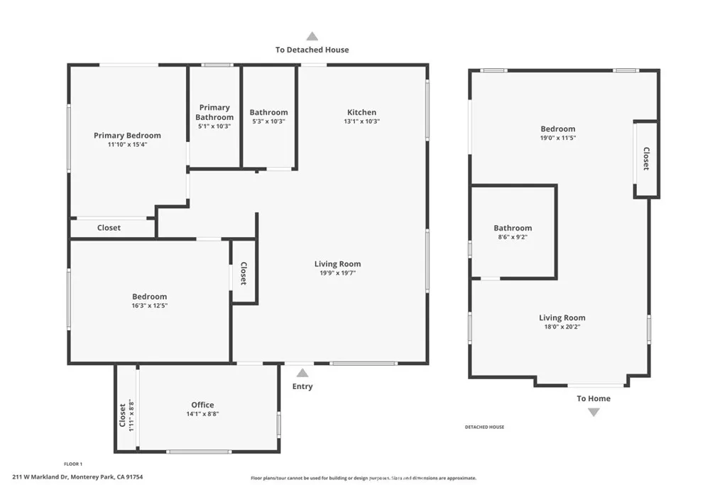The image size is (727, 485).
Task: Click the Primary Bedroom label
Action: [127, 135]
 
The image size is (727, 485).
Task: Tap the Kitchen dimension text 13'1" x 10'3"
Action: [361, 121]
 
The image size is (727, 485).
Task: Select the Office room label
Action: [202, 405]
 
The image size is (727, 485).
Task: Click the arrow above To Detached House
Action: [312, 36]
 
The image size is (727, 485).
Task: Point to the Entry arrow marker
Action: [302, 373]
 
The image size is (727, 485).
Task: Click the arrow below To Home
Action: [594, 412]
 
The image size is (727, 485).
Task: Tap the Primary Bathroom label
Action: [214, 112]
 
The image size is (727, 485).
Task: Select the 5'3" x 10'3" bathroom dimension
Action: [268, 121]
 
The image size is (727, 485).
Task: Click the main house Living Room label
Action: [337, 264]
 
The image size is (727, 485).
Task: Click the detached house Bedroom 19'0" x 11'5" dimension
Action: [557, 138]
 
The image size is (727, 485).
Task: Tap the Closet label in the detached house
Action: [646, 158]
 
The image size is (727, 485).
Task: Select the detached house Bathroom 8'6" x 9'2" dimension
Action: [513, 237]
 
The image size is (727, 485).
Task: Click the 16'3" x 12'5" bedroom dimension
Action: [149, 306]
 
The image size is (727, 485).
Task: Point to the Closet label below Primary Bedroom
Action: [109, 228]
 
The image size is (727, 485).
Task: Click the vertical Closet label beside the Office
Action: [123, 415]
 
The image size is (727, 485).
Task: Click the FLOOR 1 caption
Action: [73, 463]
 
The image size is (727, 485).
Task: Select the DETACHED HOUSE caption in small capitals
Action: [484, 427]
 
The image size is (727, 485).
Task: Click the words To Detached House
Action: [312, 50]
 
